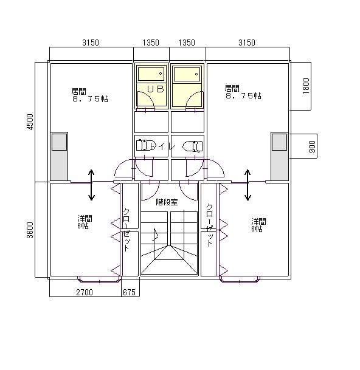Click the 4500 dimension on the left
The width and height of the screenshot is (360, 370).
point(30,122)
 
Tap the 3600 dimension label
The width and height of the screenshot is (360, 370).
point(30,230)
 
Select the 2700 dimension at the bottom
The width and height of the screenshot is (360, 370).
point(85,292)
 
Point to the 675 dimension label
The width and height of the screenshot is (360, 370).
point(129,292)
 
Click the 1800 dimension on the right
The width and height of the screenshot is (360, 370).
point(306,86)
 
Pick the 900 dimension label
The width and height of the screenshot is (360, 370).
point(312,146)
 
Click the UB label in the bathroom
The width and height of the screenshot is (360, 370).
point(156,89)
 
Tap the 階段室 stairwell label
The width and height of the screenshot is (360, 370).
point(167,202)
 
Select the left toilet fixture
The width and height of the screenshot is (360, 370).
point(146,145)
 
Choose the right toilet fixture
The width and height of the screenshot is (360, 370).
point(193,146)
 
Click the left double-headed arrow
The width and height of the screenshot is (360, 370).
point(91,185)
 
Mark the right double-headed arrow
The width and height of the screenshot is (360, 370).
point(247,185)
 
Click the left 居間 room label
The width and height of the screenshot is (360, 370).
point(79,91)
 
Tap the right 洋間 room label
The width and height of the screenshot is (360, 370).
point(258,221)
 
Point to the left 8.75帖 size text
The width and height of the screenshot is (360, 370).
point(90,98)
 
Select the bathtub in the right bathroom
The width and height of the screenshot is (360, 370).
point(187,74)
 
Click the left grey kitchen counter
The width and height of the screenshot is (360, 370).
point(59,157)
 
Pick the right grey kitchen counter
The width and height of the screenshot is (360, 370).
point(280,157)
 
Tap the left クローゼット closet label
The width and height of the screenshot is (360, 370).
point(126,230)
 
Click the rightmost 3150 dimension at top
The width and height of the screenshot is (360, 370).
point(247,43)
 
